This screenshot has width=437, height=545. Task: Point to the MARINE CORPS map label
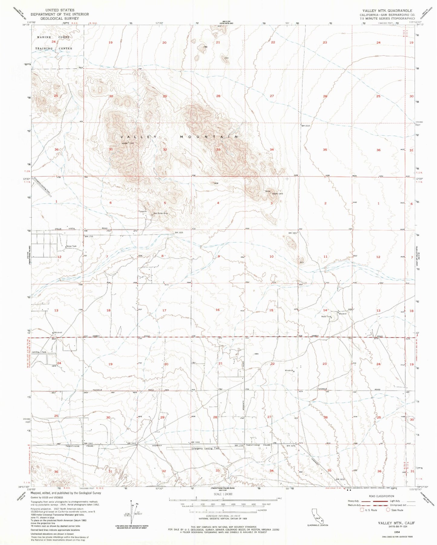pyautogui.click(x=53, y=37)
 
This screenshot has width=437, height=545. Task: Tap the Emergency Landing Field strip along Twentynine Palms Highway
pyautogui.click(x=205, y=448)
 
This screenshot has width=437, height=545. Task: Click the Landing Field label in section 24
pyautogui.click(x=39, y=352)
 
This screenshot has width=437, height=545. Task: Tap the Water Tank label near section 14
pyautogui.click(x=326, y=317)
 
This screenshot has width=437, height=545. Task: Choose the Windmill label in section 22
pyautogui.click(x=289, y=371)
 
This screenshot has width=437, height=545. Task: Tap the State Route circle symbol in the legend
pyautogui.click(x=388, y=510)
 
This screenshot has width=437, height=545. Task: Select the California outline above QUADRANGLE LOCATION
pyautogui.click(x=318, y=514)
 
